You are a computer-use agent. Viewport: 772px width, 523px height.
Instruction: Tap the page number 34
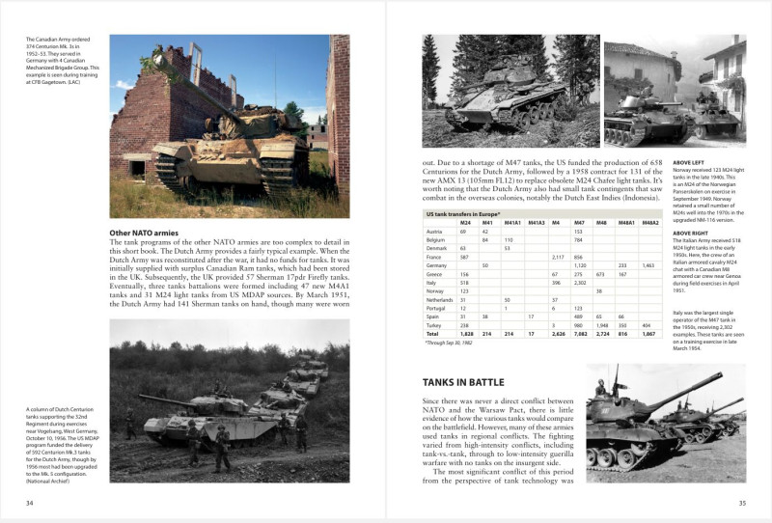point(30,502)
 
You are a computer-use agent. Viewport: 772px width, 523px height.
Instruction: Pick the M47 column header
point(579,222)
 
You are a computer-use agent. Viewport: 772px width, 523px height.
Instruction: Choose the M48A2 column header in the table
point(648,222)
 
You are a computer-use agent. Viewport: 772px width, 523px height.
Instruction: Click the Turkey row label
point(433,325)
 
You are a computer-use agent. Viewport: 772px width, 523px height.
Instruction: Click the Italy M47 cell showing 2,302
point(581,282)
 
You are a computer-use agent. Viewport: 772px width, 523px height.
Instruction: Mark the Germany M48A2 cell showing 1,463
point(648,264)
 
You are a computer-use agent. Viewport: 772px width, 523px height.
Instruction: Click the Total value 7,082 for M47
point(581,334)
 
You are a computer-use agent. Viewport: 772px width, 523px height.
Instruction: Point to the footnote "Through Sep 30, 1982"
point(450,343)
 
